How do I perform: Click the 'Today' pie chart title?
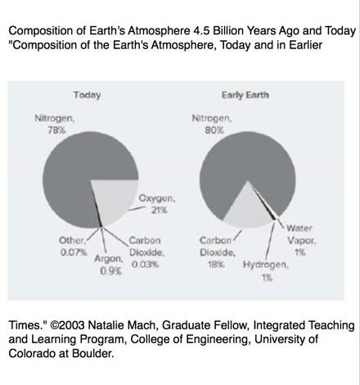(87, 95)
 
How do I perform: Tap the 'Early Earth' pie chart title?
(245, 95)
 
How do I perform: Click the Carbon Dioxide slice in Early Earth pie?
(247, 211)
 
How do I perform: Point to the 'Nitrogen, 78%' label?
(55, 125)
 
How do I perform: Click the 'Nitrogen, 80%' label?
(212, 125)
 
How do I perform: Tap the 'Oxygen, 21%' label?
(157, 204)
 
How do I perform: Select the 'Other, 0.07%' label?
(73, 247)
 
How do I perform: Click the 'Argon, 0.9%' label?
(109, 265)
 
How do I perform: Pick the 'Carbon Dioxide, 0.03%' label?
(146, 252)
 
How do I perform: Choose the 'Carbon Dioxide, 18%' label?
(217, 252)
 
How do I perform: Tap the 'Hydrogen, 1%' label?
(266, 271)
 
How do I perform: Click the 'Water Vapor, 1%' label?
(301, 240)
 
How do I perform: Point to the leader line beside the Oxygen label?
(136, 209)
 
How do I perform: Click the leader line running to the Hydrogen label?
(270, 240)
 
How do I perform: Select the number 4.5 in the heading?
(201, 31)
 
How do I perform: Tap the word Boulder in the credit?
(92, 354)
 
